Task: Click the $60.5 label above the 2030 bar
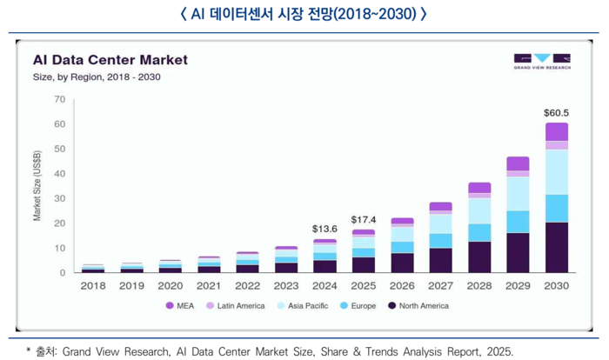point(556,113)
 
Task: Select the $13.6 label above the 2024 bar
point(325,229)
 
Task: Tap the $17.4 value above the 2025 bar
point(364,219)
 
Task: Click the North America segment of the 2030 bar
point(556,247)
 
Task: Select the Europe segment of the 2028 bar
point(479,232)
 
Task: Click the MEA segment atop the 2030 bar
point(556,131)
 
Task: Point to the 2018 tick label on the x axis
point(93,285)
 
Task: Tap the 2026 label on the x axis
point(402,285)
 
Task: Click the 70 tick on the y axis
point(60,99)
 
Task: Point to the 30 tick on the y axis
point(60,198)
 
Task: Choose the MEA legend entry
point(182,305)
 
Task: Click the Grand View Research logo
point(541,62)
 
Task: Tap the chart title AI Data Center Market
point(110,61)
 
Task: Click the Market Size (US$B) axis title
point(37,185)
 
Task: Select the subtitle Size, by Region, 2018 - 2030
point(97,77)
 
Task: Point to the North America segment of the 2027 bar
point(440,260)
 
